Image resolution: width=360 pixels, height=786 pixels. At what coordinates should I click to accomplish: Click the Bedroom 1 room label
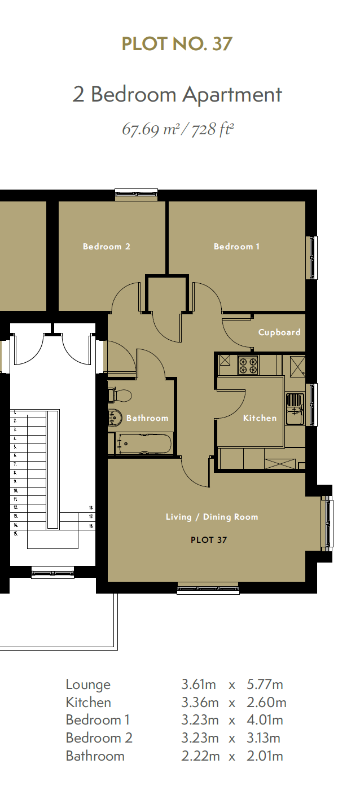point(236,247)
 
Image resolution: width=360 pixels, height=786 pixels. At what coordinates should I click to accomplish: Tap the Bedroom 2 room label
point(106,247)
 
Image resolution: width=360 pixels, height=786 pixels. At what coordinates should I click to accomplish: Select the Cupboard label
point(279,333)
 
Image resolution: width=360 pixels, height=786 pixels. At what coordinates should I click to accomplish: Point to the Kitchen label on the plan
point(260,418)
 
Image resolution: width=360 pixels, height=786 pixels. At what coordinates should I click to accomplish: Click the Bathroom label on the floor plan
point(147,418)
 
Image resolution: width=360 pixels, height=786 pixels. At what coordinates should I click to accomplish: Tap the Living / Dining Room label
point(212,517)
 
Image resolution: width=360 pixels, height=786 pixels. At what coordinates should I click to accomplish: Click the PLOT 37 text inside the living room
point(209,540)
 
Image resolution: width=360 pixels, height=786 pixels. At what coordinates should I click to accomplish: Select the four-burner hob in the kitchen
point(248,365)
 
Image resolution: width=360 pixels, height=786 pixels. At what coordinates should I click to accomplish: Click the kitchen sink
point(294,409)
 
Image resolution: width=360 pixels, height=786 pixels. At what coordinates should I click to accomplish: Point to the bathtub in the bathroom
point(144,444)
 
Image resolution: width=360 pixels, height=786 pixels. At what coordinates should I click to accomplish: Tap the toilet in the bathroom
point(118,396)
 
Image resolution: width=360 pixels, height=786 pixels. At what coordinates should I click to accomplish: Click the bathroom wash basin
point(115,418)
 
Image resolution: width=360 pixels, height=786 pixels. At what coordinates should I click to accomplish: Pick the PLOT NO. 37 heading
point(177,44)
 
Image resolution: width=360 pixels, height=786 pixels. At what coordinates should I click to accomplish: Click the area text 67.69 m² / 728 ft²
point(178,129)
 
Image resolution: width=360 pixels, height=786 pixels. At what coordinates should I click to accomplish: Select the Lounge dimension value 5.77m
point(265,684)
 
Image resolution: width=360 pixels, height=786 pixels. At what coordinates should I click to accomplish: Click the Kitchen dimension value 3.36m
point(200,702)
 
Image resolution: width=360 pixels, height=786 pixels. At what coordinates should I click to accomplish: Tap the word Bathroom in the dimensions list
point(95,756)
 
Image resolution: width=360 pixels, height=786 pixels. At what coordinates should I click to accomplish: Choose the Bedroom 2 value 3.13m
point(263,738)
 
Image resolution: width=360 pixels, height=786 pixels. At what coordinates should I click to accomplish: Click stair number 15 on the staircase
point(15,534)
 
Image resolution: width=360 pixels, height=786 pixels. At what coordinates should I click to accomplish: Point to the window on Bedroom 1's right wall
point(312,258)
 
